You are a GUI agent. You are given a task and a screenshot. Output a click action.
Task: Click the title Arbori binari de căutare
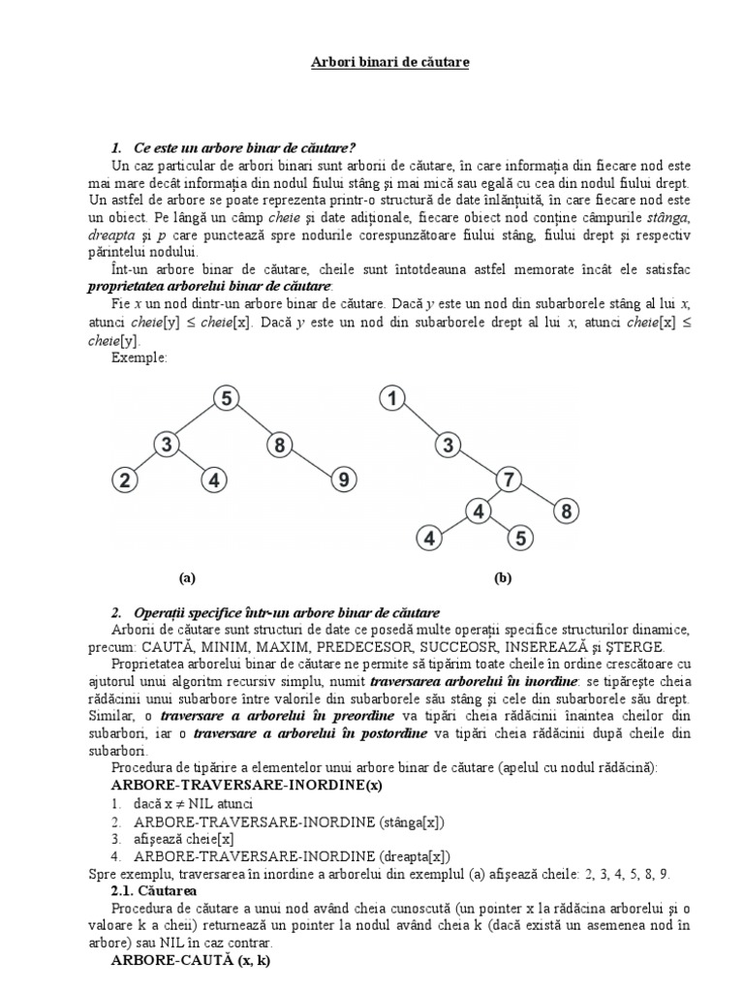[x=376, y=62]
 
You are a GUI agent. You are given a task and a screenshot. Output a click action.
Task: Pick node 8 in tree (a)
[x=278, y=445]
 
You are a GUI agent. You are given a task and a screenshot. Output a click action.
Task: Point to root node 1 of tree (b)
[x=392, y=398]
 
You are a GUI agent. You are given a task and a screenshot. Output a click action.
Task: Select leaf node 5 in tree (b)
[x=520, y=537]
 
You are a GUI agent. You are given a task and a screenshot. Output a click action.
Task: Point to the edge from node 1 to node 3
[x=419, y=421]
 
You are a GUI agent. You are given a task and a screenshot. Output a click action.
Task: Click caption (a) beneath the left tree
[x=187, y=578]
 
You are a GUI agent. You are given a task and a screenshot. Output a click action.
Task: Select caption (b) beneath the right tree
[x=502, y=578]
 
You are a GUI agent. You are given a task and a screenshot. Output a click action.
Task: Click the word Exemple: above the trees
[x=139, y=357]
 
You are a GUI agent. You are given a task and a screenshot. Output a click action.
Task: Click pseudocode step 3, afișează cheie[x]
[x=184, y=838]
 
